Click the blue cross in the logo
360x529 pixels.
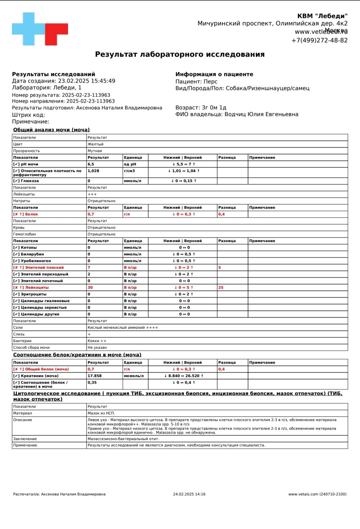[29, 29]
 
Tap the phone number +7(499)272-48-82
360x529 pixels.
[319, 40]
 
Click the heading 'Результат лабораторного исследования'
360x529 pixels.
[180, 54]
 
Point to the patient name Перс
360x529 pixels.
[210, 82]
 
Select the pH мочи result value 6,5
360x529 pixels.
[91, 164]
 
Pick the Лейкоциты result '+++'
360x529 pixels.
[92, 194]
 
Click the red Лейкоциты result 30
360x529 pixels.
[90, 288]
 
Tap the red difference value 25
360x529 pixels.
[221, 288]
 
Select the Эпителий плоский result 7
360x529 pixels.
[89, 268]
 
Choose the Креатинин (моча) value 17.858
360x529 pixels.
[94, 376]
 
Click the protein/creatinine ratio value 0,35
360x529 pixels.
[92, 383]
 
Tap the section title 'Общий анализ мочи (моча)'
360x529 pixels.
[51, 130]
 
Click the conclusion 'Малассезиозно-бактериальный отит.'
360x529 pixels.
[123, 439]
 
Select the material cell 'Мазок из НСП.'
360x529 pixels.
[101, 413]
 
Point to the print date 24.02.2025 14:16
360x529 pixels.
[189, 494]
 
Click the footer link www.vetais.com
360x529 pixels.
[303, 494]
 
